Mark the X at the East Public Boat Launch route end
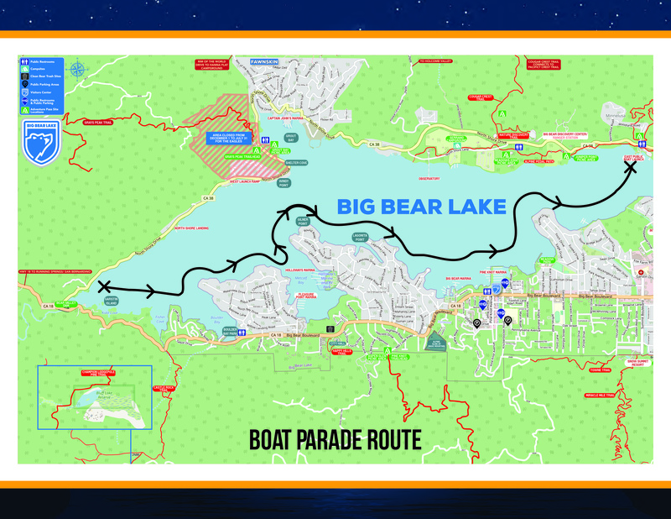pyautogui.click(x=630, y=168)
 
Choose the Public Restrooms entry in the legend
pyautogui.click(x=41, y=62)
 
